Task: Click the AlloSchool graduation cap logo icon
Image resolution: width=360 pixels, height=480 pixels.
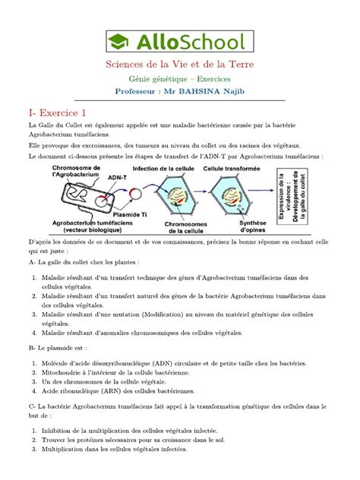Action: [x=120, y=41]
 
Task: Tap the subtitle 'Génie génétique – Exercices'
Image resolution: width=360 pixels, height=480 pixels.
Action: [x=180, y=80]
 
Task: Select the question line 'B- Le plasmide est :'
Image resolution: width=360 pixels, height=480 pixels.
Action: [x=58, y=346]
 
